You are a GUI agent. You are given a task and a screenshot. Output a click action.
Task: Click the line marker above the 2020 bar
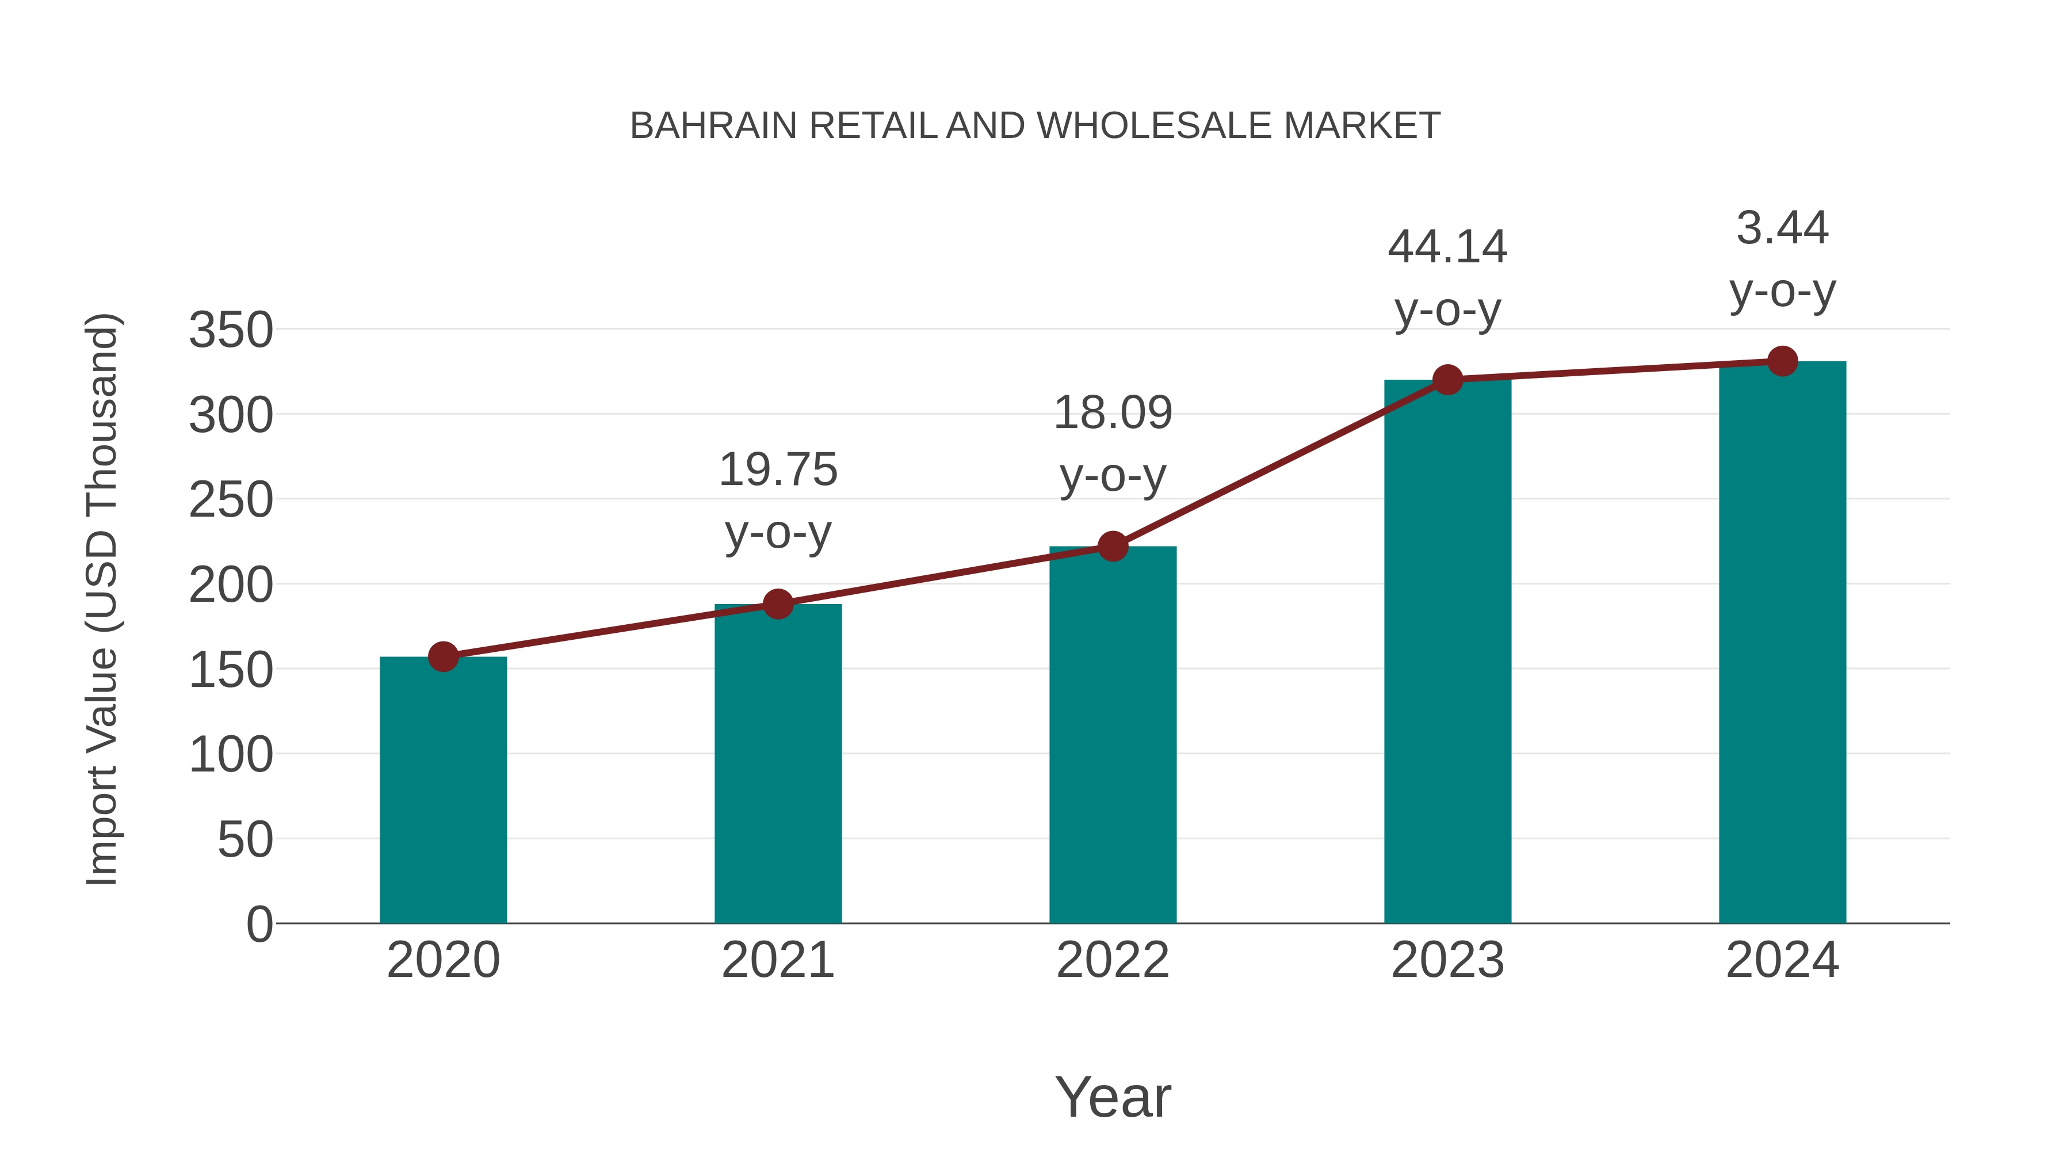click(x=443, y=657)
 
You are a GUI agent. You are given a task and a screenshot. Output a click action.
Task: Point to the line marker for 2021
click(x=777, y=604)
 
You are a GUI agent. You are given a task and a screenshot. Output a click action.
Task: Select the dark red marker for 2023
click(x=1447, y=380)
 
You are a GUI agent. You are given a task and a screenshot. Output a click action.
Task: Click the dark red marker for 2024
click(x=1782, y=361)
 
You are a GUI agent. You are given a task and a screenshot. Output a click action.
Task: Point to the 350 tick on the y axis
click(x=231, y=330)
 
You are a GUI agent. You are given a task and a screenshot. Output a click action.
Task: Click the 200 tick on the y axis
click(x=231, y=585)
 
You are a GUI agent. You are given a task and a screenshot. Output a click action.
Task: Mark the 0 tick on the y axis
click(x=259, y=925)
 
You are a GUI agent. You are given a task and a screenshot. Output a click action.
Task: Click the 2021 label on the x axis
click(x=777, y=960)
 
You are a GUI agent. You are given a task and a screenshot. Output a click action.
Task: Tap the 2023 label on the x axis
click(x=1447, y=960)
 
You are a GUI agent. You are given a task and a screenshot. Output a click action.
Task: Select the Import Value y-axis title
click(x=102, y=599)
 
